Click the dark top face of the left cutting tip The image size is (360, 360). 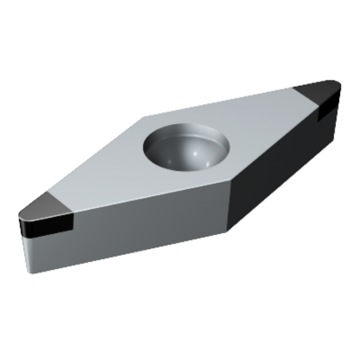click(43, 206)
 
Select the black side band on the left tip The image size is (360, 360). click(43, 231)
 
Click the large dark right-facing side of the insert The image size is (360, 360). click(278, 165)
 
